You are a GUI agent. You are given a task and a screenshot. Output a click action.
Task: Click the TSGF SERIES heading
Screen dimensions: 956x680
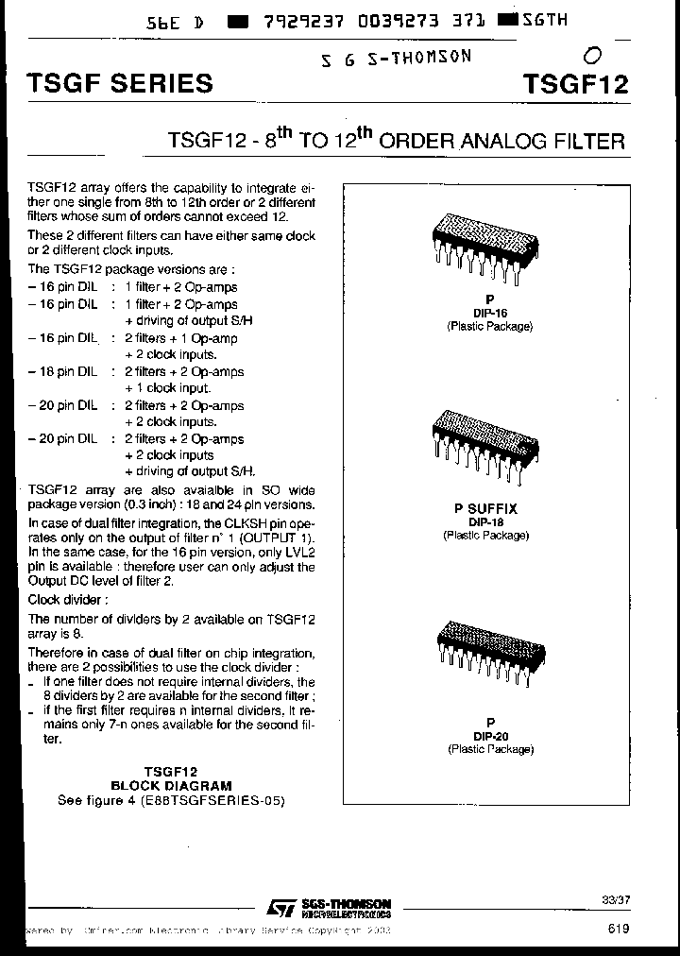[x=118, y=83]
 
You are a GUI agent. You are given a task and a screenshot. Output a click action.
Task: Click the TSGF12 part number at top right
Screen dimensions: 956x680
[x=574, y=83]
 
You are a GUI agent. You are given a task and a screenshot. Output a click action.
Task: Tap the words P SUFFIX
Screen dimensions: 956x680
[x=489, y=508]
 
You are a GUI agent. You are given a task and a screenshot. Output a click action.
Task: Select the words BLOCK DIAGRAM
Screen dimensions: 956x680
[x=171, y=785]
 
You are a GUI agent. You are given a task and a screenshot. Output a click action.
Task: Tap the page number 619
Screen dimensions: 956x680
[x=620, y=930]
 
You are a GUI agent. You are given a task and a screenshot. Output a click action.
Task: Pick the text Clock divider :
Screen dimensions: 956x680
[x=68, y=600]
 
